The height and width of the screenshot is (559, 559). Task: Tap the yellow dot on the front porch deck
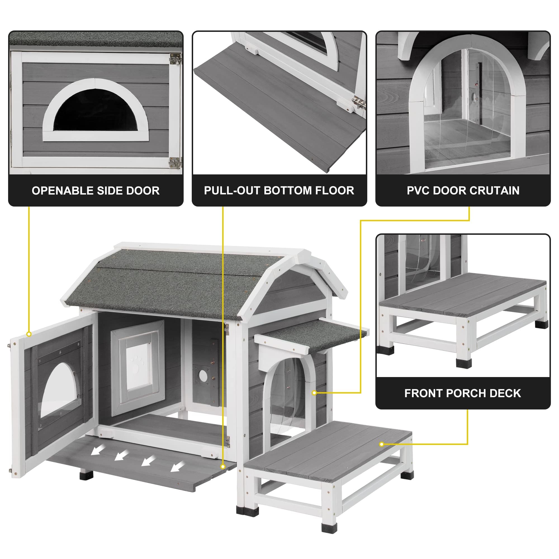click(x=382, y=444)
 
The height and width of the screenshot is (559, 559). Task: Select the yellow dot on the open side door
click(x=29, y=334)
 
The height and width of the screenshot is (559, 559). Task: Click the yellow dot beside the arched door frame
click(x=314, y=393)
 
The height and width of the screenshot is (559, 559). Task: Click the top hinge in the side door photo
click(x=175, y=59)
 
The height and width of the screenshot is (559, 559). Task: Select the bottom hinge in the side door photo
click(x=175, y=163)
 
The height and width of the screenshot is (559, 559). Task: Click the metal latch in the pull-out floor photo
click(x=358, y=103)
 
